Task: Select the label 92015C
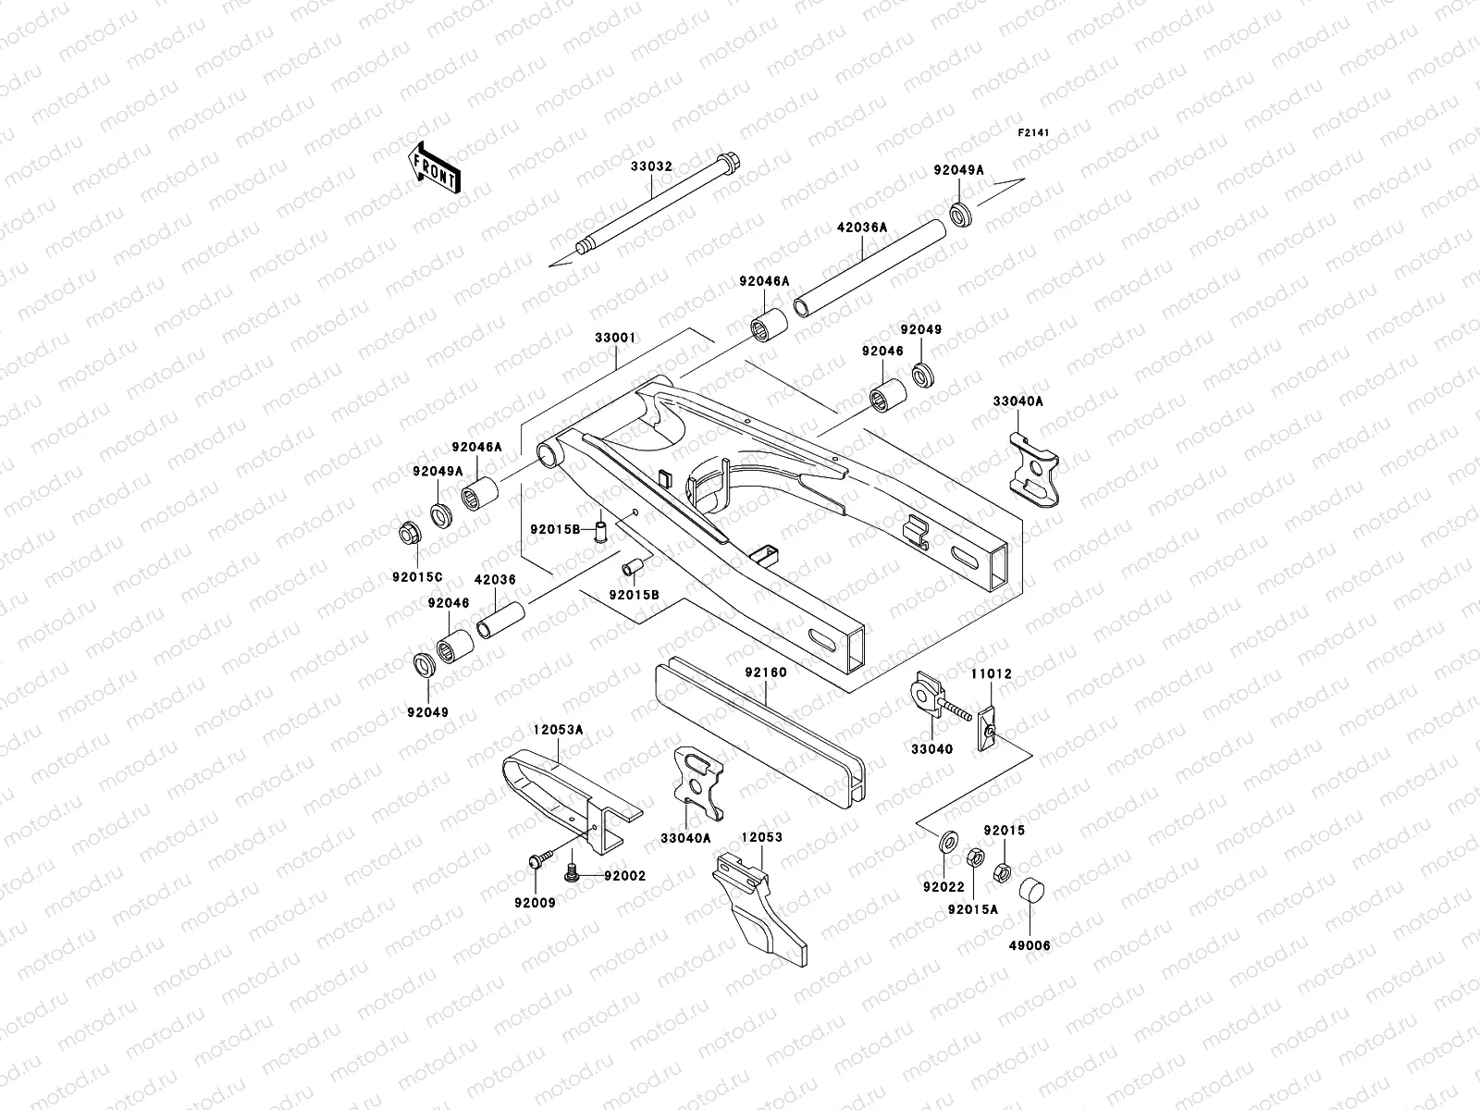click(x=417, y=577)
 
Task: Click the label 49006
click(x=1030, y=945)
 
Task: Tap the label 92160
click(x=764, y=672)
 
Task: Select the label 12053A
click(x=558, y=730)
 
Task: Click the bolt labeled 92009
click(x=536, y=861)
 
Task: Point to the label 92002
click(x=624, y=875)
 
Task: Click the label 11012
click(x=991, y=675)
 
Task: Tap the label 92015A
click(x=972, y=908)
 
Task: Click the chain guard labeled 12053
click(x=764, y=906)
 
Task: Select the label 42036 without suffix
click(x=495, y=579)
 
